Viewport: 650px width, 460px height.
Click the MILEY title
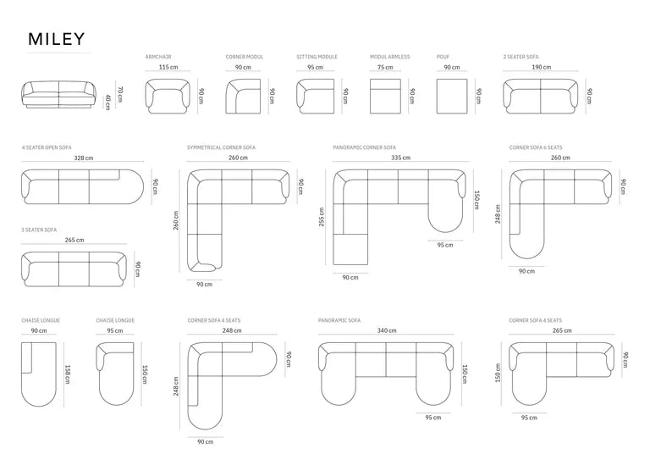[57, 39]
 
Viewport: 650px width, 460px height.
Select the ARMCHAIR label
[158, 57]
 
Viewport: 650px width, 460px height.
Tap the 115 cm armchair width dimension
[168, 67]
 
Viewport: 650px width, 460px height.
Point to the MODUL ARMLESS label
[389, 57]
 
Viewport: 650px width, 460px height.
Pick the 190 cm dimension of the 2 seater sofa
[542, 67]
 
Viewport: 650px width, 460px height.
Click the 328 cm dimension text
[84, 158]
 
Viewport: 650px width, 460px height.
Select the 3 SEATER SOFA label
[39, 230]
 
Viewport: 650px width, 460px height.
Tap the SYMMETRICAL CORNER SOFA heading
[221, 147]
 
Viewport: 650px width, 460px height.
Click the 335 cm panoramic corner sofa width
[401, 158]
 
